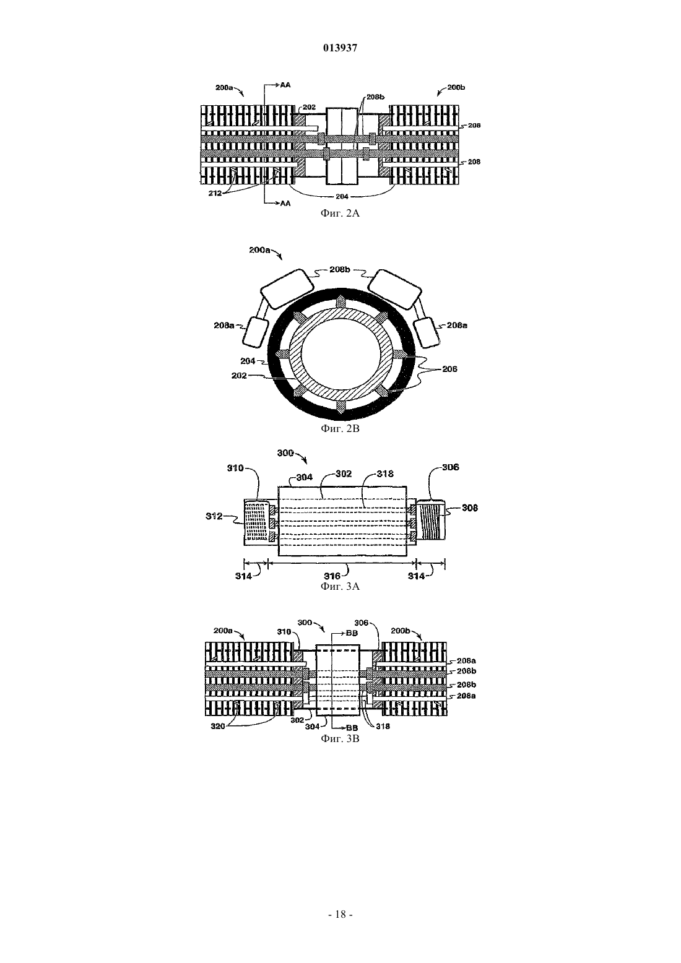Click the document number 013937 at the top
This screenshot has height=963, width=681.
coord(340,48)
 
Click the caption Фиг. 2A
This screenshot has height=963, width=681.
coord(340,214)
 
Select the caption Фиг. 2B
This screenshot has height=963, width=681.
coord(340,429)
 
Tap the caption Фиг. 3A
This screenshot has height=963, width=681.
coord(340,586)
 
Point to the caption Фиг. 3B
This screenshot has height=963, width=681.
coord(340,738)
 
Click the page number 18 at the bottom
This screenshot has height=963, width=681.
coord(340,915)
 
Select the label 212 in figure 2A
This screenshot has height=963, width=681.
coord(215,194)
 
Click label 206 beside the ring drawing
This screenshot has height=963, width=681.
coord(449,369)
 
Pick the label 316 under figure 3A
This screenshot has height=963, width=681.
coord(332,576)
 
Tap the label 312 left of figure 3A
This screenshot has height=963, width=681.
coord(214,516)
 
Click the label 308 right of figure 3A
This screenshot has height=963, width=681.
coord(470,508)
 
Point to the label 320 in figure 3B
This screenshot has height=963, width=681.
coord(217,727)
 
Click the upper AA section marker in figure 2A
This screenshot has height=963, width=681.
coord(285,85)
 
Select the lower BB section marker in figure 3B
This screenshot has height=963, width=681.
coord(352,728)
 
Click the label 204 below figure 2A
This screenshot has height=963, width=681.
coord(342,197)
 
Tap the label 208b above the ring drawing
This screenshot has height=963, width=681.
coord(340,270)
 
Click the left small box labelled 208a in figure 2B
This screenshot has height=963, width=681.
coord(254,332)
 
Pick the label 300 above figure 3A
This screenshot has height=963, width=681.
coord(285,453)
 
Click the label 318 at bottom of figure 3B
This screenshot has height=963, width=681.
coord(383,726)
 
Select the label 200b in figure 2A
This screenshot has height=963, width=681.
coord(456,87)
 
